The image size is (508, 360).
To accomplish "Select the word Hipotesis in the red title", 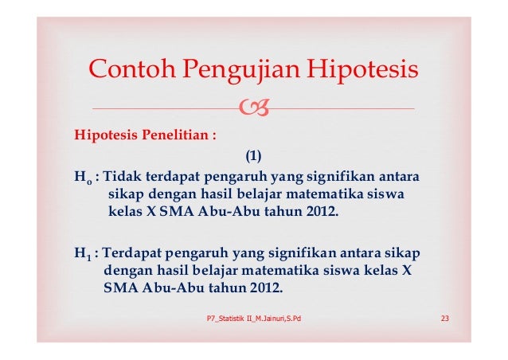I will tap(365, 72).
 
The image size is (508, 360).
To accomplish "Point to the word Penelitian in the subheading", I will tap(175, 133).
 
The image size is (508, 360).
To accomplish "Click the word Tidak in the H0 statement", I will tap(121, 175).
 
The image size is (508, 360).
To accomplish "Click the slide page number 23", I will tap(446, 319).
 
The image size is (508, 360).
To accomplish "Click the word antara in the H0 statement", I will tap(403, 175).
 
